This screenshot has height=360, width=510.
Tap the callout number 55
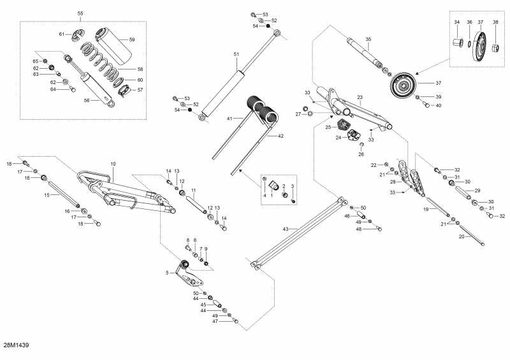[80, 13]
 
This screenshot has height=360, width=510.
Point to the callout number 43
[285, 228]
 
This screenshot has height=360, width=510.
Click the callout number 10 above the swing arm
[113, 164]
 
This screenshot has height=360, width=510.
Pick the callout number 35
[368, 40]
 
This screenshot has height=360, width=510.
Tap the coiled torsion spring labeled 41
[263, 109]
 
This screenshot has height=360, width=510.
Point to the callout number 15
[46, 195]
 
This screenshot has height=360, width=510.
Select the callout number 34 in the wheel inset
[456, 22]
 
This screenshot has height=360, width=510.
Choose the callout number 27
[297, 114]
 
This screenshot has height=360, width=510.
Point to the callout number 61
[62, 34]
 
